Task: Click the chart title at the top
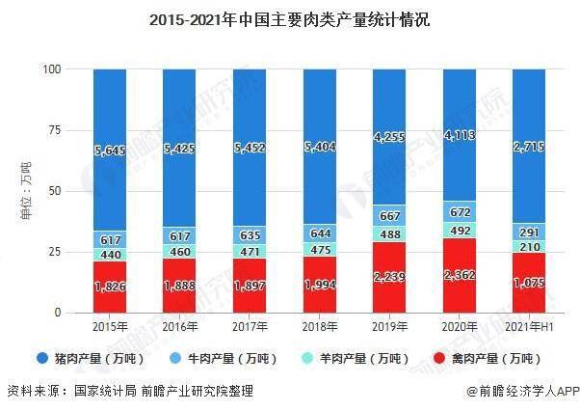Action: click(289, 17)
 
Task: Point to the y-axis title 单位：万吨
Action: click(25, 192)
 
